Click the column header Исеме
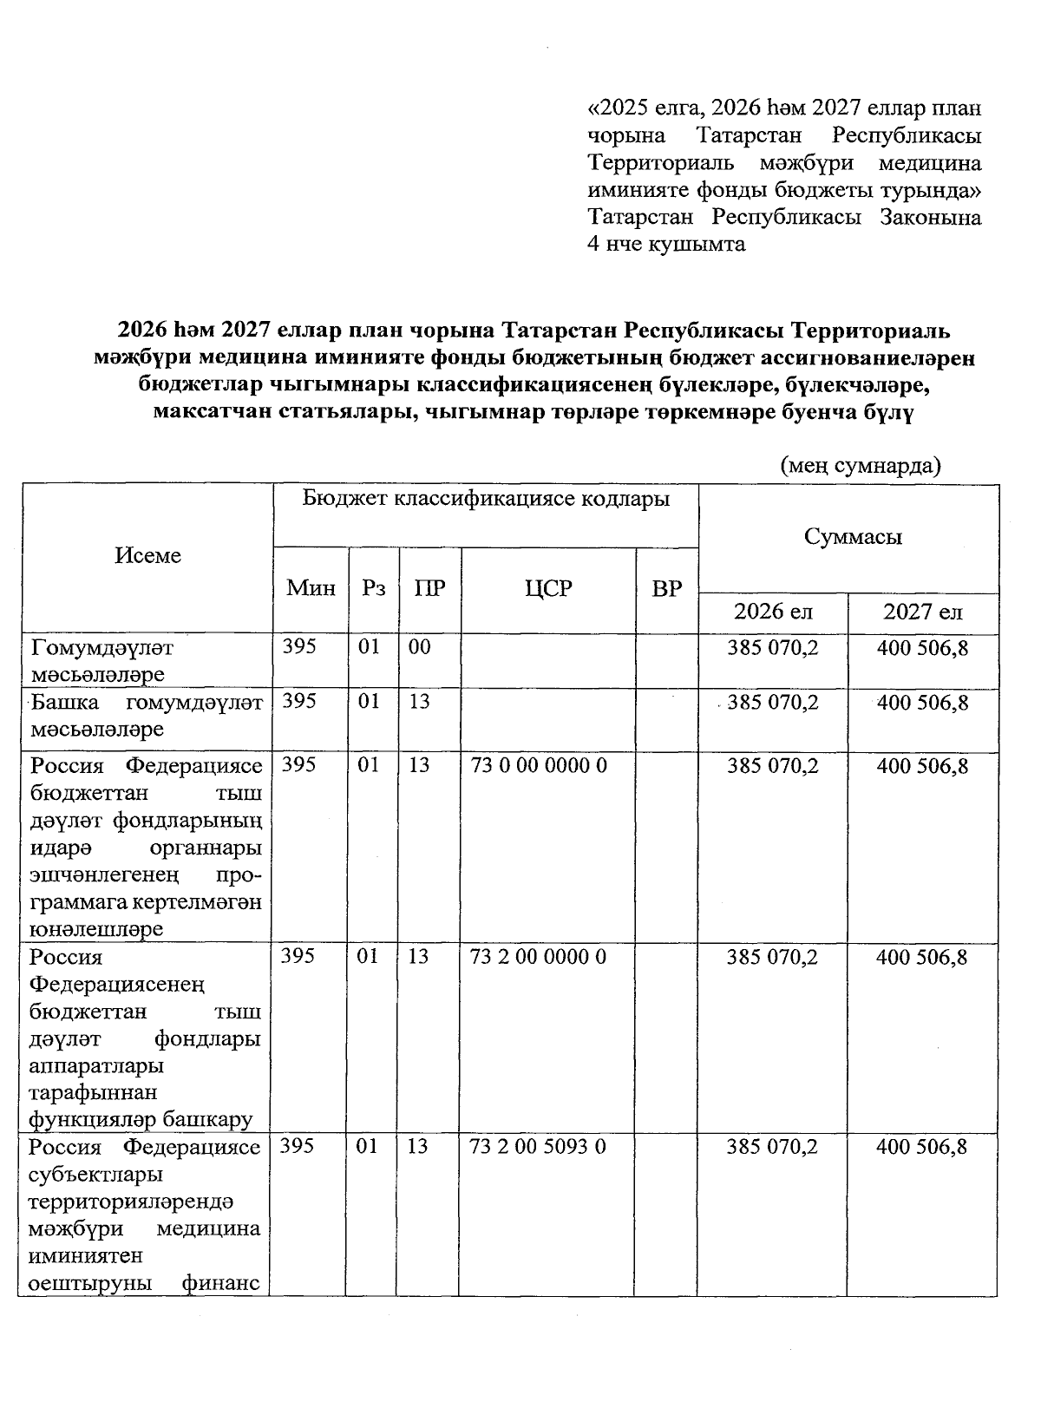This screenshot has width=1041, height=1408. (x=147, y=555)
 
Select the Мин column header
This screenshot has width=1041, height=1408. (x=311, y=588)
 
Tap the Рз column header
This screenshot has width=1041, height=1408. (x=373, y=588)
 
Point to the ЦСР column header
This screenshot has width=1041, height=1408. (x=548, y=588)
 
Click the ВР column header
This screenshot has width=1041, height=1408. (x=666, y=588)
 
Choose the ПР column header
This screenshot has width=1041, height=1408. (x=429, y=588)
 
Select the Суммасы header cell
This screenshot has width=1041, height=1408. (x=853, y=537)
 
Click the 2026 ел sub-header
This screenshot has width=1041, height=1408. (x=773, y=612)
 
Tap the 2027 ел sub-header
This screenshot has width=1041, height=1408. (x=922, y=612)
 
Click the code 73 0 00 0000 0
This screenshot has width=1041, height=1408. (x=538, y=766)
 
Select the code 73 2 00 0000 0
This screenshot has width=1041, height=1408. (x=538, y=957)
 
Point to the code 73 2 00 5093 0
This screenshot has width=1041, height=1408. (x=538, y=1147)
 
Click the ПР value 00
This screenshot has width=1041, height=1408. (x=420, y=647)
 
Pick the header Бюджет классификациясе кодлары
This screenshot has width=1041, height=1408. (x=486, y=500)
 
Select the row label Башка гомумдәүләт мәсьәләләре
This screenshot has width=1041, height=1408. (x=146, y=716)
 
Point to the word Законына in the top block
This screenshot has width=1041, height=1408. (x=930, y=217)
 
